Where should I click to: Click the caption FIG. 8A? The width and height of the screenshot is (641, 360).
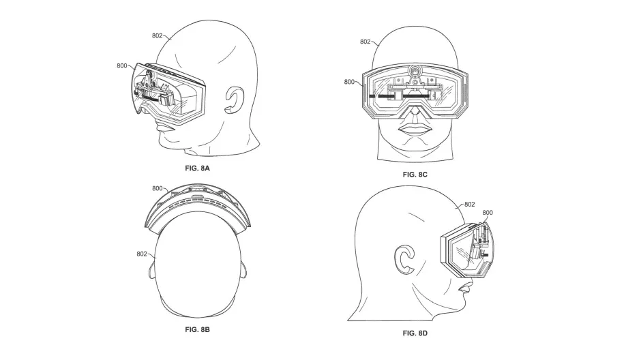pos(196,167)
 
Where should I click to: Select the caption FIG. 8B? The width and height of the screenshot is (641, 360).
pos(196,330)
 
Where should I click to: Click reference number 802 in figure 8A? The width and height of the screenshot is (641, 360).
pos(157,36)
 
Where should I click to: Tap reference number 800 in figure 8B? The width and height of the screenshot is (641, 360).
pos(158,188)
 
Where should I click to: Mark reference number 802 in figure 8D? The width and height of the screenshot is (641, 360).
pos(469,203)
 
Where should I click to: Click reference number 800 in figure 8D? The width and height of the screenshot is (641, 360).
pos(488,213)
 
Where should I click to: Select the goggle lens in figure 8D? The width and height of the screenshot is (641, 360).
pos(471,254)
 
